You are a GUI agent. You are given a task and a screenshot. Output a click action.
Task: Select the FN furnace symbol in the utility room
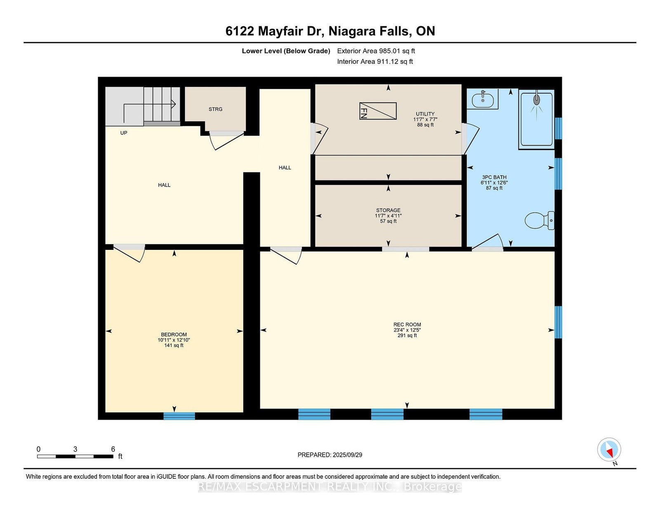click(x=378, y=111)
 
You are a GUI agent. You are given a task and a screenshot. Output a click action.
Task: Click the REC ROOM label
click(x=407, y=324)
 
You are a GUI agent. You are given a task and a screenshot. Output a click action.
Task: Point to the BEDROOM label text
click(x=174, y=334)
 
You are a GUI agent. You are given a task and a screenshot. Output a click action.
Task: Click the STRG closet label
click(x=215, y=109)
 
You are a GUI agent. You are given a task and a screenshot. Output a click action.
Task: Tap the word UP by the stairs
click(x=124, y=133)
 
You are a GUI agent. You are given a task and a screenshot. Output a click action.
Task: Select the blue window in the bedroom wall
click(x=179, y=416)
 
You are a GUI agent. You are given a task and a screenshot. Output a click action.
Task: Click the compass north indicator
click(x=609, y=450)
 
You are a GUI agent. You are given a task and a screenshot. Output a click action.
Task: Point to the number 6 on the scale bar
click(x=113, y=449)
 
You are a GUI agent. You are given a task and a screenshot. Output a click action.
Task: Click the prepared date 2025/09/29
click(x=347, y=455)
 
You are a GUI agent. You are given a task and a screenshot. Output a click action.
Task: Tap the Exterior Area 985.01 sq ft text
click(x=376, y=51)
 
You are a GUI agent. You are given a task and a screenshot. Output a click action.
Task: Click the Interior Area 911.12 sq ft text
click(x=375, y=61)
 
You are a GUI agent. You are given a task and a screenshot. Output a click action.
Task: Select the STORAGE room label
click(x=388, y=210)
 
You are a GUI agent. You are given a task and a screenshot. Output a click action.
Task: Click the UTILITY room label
click(x=425, y=114)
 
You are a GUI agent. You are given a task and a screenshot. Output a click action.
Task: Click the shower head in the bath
click(x=537, y=99)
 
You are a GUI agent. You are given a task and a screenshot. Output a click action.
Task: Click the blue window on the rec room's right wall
click(x=558, y=322)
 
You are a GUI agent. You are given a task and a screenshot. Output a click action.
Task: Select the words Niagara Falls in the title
click(x=369, y=31)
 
